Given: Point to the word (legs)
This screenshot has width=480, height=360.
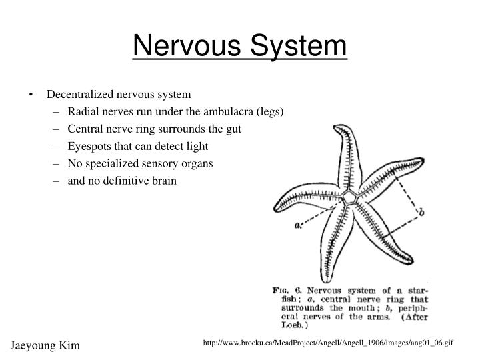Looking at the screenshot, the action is click(x=272, y=111).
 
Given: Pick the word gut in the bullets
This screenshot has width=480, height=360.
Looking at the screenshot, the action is click(x=233, y=129).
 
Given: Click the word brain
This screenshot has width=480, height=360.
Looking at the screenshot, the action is click(x=163, y=181).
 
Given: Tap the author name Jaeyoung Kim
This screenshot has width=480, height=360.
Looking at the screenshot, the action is click(x=44, y=345).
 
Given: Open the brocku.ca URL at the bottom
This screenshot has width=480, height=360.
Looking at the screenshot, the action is click(x=329, y=342).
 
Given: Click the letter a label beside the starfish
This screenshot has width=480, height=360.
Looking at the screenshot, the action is click(x=298, y=225).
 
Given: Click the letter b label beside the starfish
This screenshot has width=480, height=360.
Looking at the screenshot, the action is click(x=421, y=212).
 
